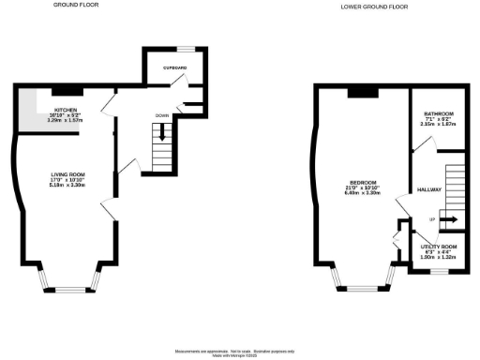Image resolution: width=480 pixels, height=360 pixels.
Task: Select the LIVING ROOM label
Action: [67, 173]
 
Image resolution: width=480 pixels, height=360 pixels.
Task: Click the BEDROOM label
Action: [363, 181]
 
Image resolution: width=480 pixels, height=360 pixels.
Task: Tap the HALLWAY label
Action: [428, 188]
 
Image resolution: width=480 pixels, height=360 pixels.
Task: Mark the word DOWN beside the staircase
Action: [160, 115]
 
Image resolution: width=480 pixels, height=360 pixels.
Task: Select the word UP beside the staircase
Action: [431, 219]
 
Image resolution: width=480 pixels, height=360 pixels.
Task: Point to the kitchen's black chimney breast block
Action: [68, 91]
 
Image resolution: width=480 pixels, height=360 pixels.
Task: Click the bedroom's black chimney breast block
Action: [363, 92]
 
